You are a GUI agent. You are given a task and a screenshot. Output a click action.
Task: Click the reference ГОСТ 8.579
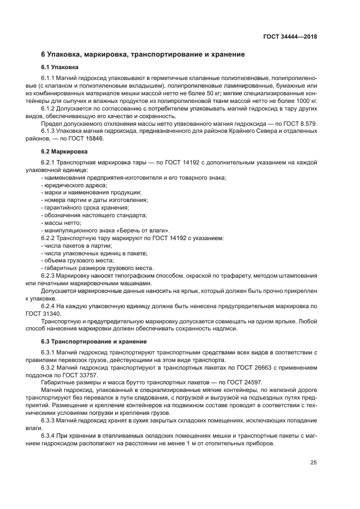pyautogui.click(x=301, y=124)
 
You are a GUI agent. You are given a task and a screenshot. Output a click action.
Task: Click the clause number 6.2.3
pyautogui.click(x=50, y=277)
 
